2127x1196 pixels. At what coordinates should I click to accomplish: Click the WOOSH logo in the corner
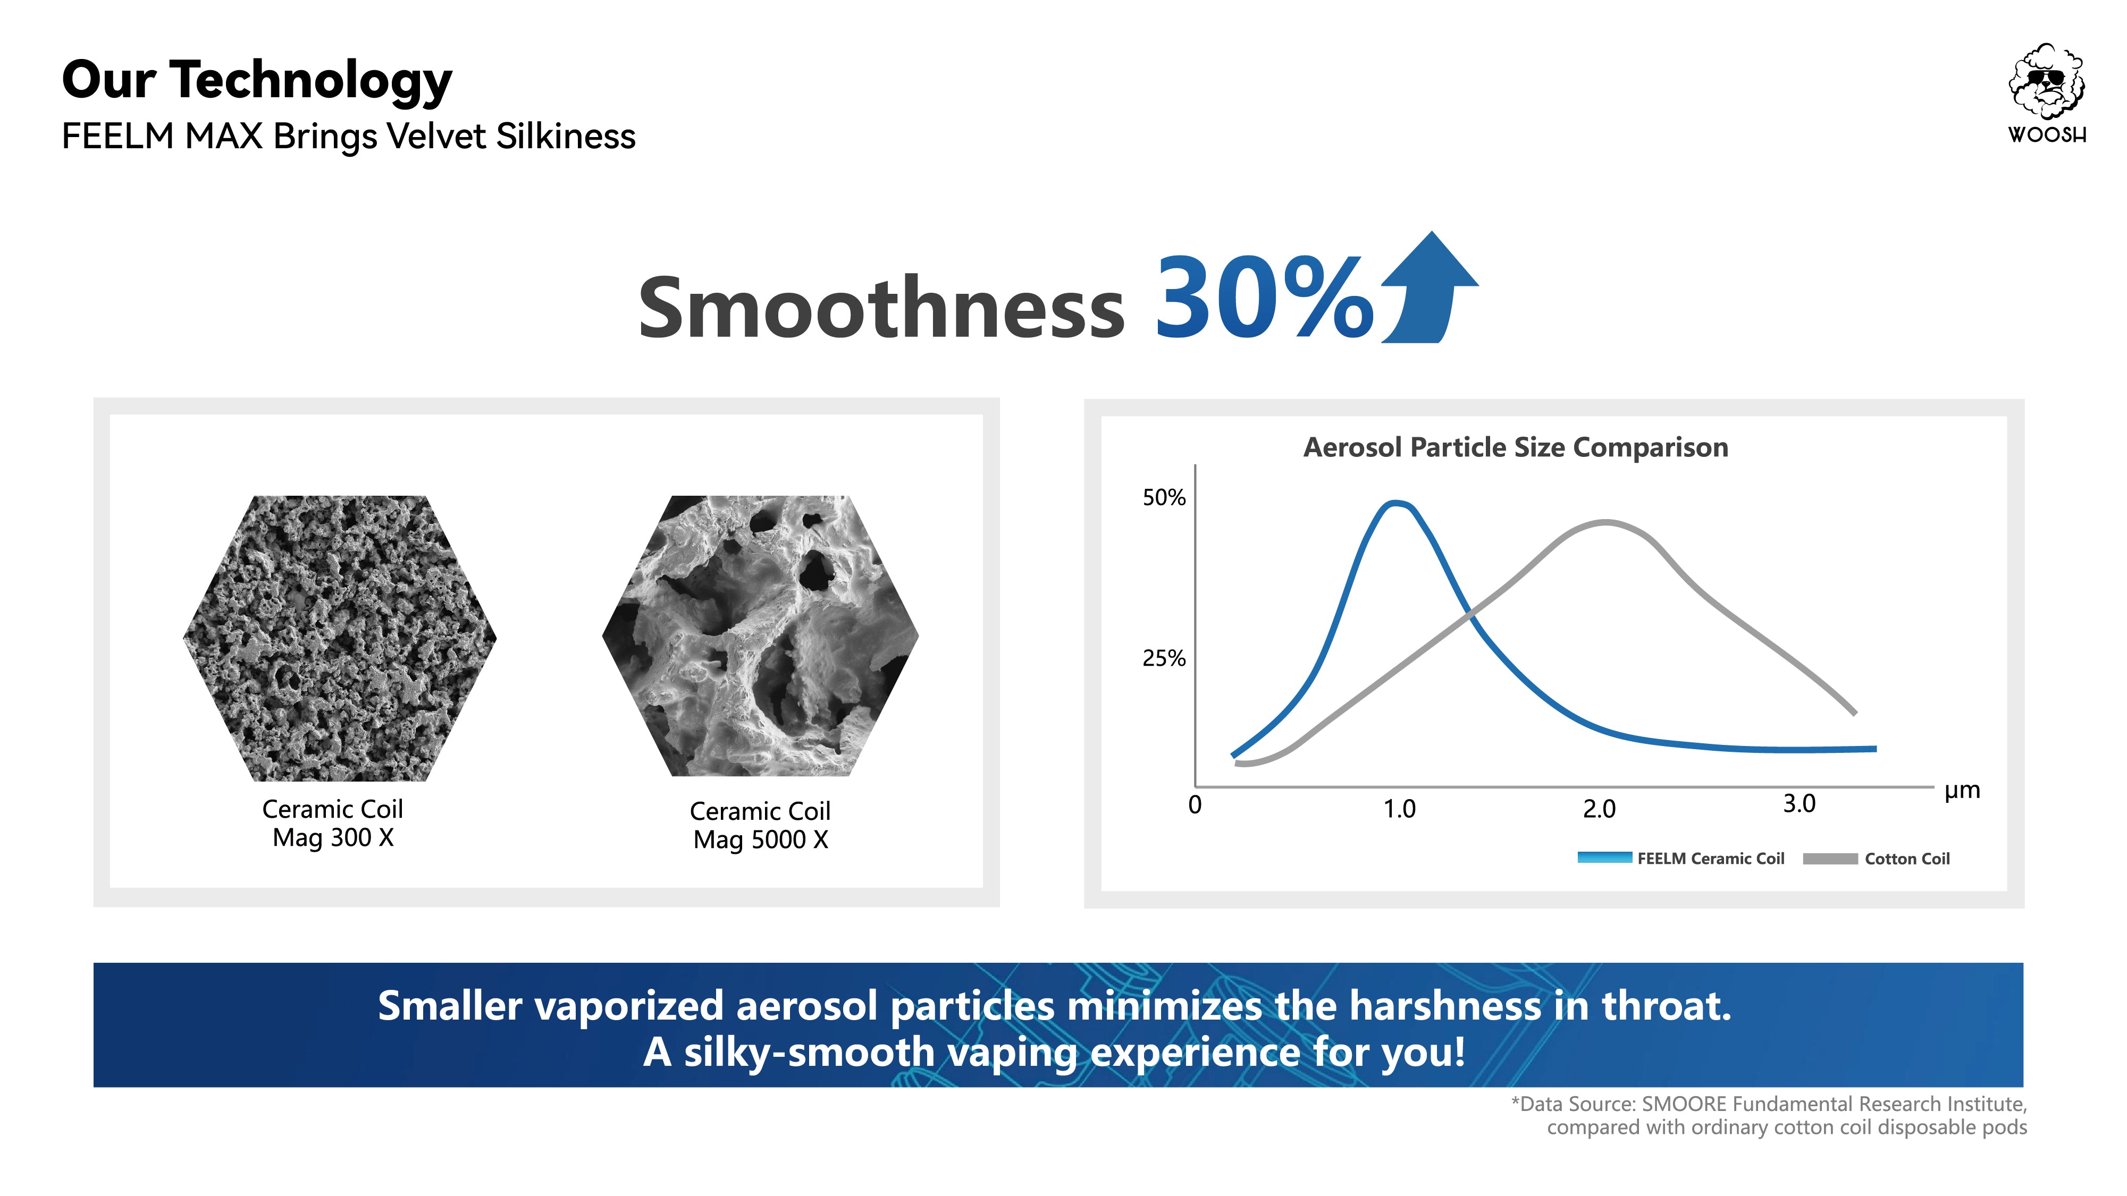[2047, 92]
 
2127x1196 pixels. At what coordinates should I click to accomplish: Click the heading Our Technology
[257, 80]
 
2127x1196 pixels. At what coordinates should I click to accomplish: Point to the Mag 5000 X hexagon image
[760, 635]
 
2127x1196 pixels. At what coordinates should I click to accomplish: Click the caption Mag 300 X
[333, 838]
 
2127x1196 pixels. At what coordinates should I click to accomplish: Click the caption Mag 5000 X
[760, 839]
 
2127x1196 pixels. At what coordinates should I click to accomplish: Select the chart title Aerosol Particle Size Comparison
[1515, 447]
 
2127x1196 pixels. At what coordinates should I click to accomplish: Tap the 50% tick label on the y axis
[1163, 498]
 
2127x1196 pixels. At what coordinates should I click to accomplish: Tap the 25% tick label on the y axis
[1163, 659]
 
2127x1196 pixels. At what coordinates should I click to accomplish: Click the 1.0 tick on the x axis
[1400, 809]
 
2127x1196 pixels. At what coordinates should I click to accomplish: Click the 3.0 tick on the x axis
[1799, 804]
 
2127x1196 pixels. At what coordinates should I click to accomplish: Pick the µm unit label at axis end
[1962, 791]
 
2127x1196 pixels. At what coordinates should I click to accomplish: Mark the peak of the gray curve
[1606, 522]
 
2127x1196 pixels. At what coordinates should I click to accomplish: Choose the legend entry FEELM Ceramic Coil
[1710, 859]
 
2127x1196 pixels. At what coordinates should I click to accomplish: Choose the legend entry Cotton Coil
[1906, 859]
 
